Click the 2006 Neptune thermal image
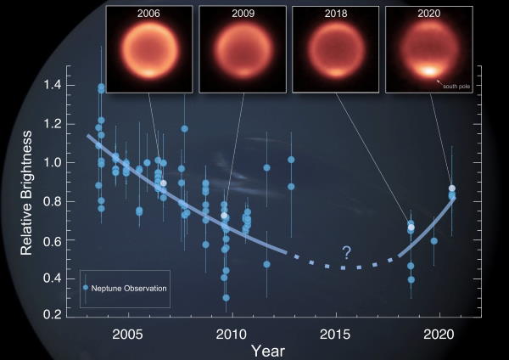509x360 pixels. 149,49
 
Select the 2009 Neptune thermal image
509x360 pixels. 243,49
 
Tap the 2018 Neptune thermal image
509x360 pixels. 336,49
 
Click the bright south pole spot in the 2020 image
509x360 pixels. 429,70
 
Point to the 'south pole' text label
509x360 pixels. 456,87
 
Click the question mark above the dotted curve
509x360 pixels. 347,252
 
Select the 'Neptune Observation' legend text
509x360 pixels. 129,289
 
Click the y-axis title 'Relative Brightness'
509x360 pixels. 26,193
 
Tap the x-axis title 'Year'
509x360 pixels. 268,352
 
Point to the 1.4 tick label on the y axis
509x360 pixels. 53,85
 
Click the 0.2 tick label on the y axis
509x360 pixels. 53,314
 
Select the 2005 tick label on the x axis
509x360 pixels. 127,335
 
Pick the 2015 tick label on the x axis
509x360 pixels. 335,335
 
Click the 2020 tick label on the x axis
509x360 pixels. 439,335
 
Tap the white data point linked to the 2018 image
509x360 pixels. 411,228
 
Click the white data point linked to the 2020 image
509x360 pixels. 452,188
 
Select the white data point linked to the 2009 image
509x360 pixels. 224,216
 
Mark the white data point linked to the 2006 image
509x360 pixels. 164,183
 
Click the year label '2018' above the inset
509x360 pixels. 336,14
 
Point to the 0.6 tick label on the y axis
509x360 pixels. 53,240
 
